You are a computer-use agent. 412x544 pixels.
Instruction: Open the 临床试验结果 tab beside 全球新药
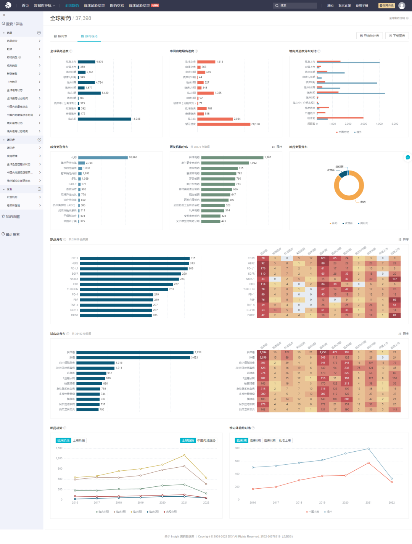pos(94,6)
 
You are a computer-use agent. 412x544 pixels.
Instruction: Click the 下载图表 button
pos(397,35)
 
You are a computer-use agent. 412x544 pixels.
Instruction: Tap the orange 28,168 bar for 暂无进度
pos(224,124)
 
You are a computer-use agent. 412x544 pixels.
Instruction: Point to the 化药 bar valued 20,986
pos(103,158)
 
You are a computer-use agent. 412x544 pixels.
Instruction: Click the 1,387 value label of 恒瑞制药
pos(268,158)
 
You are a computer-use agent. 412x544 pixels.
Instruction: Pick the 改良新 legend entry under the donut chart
pos(348,223)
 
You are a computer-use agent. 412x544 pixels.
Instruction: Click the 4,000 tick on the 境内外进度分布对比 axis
pos(379,124)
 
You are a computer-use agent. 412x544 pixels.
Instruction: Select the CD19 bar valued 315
pos(135,258)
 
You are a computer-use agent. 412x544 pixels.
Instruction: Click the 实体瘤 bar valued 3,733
pos(135,352)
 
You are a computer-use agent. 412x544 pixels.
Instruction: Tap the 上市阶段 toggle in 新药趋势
pos(79,441)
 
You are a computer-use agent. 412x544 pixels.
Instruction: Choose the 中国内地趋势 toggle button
pos(206,441)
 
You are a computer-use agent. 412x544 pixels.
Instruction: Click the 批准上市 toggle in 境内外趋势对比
pos(285,441)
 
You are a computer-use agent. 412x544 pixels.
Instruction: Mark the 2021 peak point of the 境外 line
pos(369,449)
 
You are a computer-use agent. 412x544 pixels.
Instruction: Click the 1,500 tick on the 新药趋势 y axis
pos(59,448)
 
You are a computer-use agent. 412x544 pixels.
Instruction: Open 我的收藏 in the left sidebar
pos(13,217)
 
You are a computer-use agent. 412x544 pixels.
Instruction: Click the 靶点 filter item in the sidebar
pos(10,49)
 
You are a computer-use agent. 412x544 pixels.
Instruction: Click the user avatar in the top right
pos(402,6)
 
